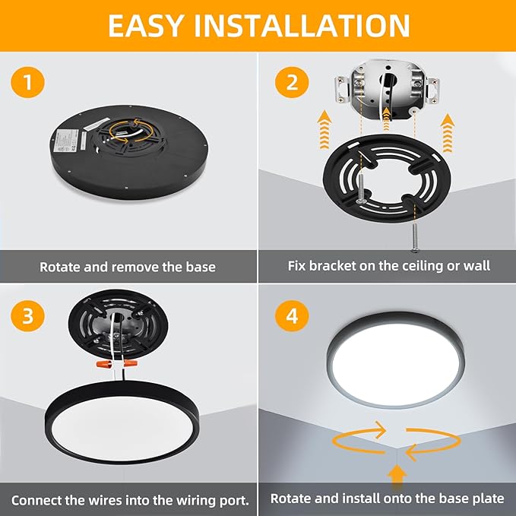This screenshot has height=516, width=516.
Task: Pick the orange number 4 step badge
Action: click(x=292, y=316)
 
